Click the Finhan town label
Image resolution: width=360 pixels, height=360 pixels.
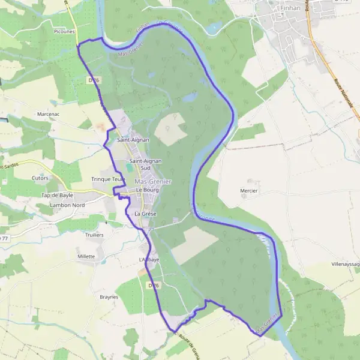coord(290,8)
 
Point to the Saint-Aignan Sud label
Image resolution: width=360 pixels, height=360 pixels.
coord(144,164)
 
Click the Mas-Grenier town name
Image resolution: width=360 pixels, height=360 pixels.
coord(153,181)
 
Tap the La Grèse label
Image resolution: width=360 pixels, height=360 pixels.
coord(145,214)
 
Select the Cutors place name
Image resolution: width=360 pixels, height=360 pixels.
coord(40,178)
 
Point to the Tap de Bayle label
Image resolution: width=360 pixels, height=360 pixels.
coord(57,196)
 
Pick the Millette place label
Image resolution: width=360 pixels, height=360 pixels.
coord(86,256)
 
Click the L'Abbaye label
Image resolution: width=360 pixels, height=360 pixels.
coord(149,259)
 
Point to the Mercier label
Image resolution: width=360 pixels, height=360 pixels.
coord(248,191)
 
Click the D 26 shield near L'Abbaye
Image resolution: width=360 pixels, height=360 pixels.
coord(154,286)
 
